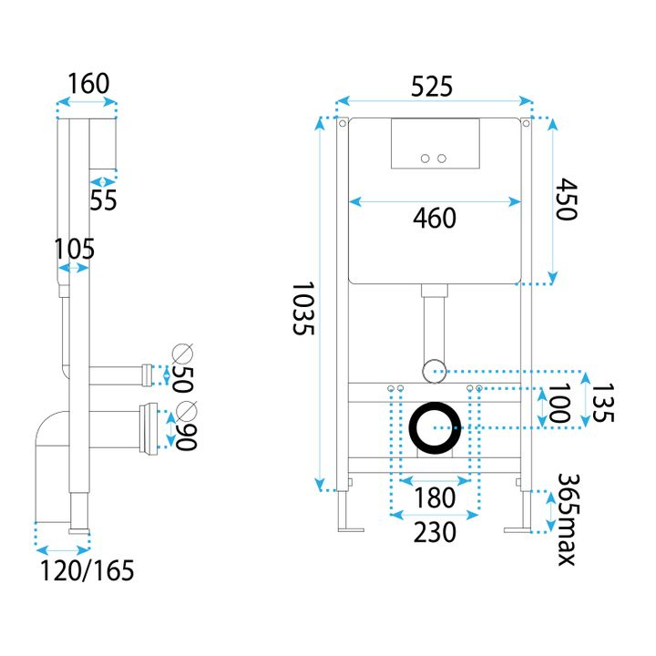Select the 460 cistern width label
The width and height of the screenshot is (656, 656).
pyautogui.click(x=435, y=219)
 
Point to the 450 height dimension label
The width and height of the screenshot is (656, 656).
pyautogui.click(x=564, y=200)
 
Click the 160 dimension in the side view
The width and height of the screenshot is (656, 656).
pyautogui.click(x=88, y=84)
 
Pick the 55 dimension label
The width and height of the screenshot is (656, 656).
pyautogui.click(x=104, y=200)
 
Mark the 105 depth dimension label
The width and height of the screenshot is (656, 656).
pyautogui.click(x=75, y=248)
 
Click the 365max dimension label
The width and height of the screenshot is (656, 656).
pyautogui.click(x=567, y=518)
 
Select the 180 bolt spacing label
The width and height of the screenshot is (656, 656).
pyautogui.click(x=435, y=498)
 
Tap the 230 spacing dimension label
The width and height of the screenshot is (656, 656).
pyautogui.click(x=435, y=532)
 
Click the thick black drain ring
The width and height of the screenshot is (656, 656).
pyautogui.click(x=436, y=427)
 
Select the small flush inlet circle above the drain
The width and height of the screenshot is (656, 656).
pyautogui.click(x=434, y=370)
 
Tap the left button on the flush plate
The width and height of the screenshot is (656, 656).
pyautogui.click(x=425, y=159)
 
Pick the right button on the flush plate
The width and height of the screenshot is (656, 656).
pyautogui.click(x=442, y=159)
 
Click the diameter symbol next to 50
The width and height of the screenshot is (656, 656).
pyautogui.click(x=183, y=354)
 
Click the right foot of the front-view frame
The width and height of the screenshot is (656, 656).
pyautogui.click(x=519, y=529)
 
